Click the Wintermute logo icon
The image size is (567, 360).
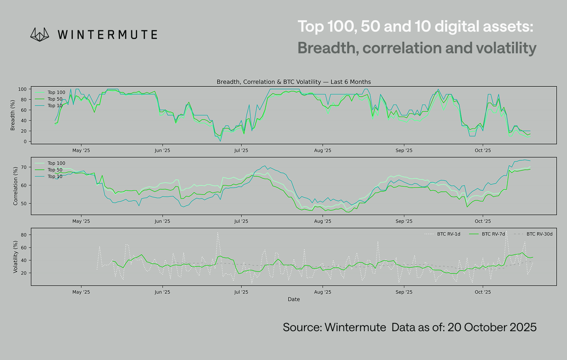click(40, 35)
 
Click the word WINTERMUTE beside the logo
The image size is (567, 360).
click(107, 35)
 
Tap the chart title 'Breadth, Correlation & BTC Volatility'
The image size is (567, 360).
click(294, 82)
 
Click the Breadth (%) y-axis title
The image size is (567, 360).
click(13, 115)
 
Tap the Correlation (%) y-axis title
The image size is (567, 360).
click(15, 186)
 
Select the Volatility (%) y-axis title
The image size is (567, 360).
click(15, 257)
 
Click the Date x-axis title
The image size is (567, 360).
click(294, 299)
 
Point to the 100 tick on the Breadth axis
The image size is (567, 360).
click(22, 89)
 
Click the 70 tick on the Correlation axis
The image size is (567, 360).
click(24, 167)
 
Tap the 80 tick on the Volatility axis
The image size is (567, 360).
click(24, 235)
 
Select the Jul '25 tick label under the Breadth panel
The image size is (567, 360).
click(241, 150)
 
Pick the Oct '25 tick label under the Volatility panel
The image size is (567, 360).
click(482, 292)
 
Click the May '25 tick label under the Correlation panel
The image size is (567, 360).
click(81, 221)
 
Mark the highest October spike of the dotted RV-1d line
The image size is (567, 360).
click(507, 231)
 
